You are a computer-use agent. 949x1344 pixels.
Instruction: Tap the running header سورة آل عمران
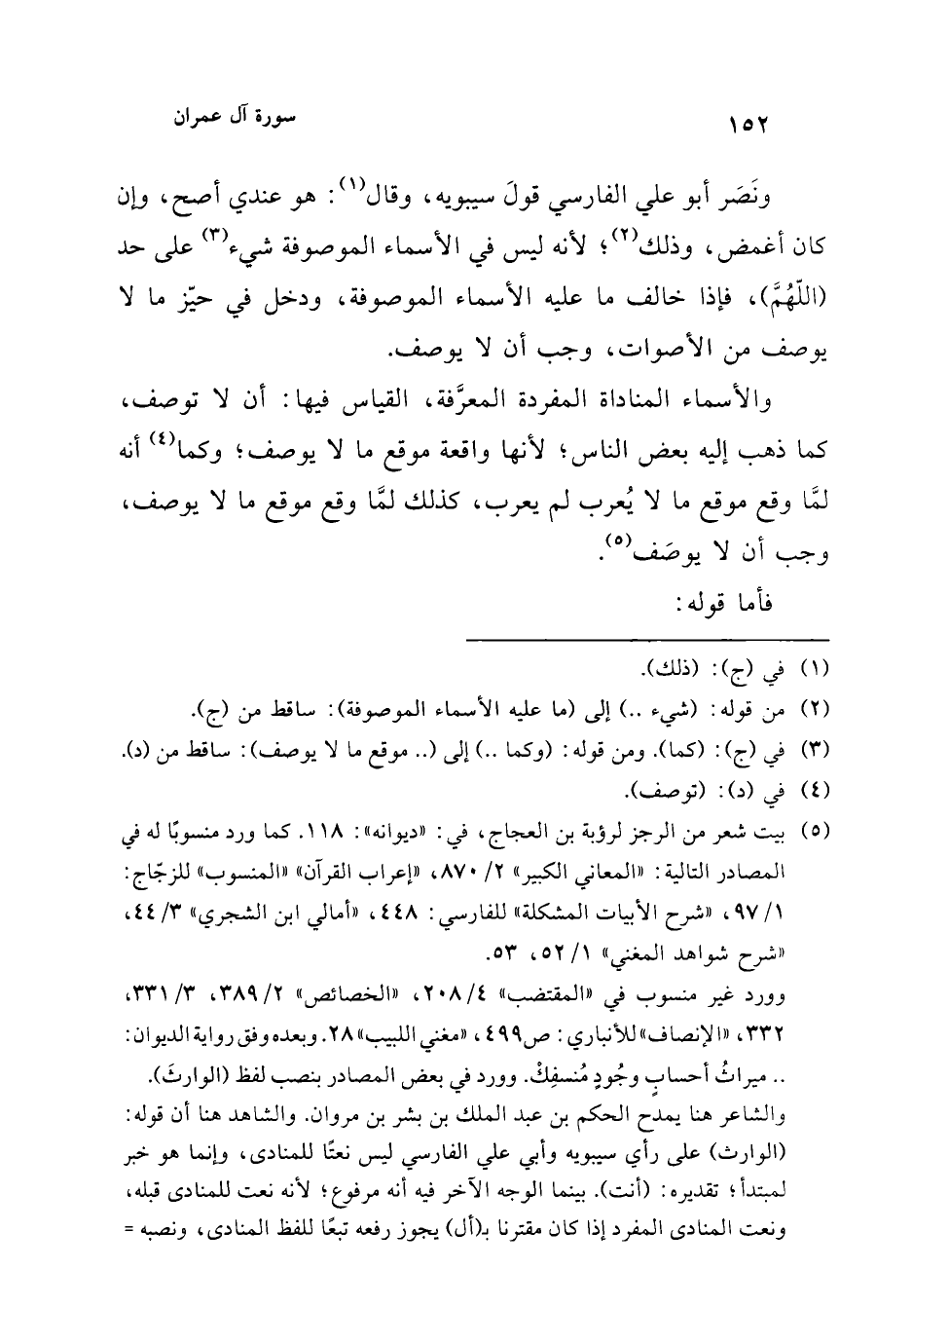point(234,118)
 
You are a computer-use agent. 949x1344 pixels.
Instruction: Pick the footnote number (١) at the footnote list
point(812,671)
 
